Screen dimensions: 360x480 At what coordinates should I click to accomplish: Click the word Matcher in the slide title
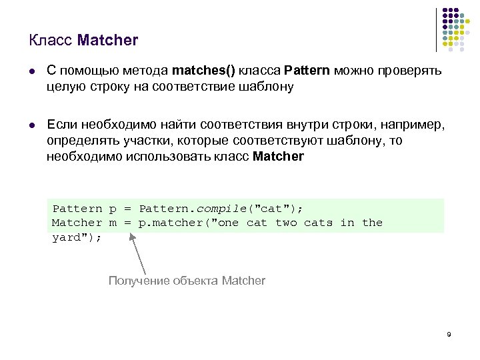click(107, 40)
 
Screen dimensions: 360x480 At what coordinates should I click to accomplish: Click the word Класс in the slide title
click(51, 40)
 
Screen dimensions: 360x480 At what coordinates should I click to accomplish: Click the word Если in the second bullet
click(61, 125)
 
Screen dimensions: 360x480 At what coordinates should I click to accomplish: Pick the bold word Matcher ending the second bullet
click(279, 157)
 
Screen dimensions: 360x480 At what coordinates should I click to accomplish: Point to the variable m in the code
click(113, 223)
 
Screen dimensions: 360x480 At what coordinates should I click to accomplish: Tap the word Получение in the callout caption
click(139, 281)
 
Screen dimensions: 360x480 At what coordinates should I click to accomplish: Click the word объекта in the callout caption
click(195, 281)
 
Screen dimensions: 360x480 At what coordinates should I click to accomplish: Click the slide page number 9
click(449, 334)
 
